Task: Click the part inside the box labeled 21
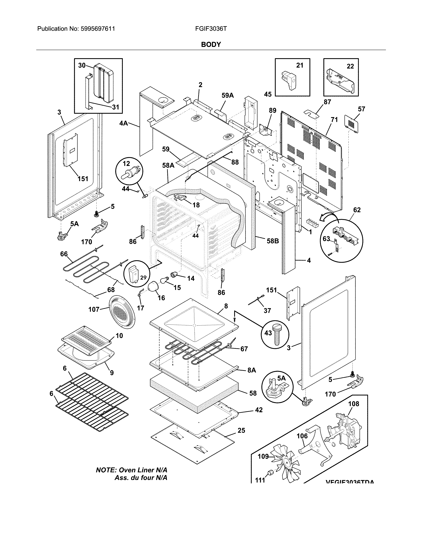point(289,80)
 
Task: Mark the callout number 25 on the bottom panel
point(241,430)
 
